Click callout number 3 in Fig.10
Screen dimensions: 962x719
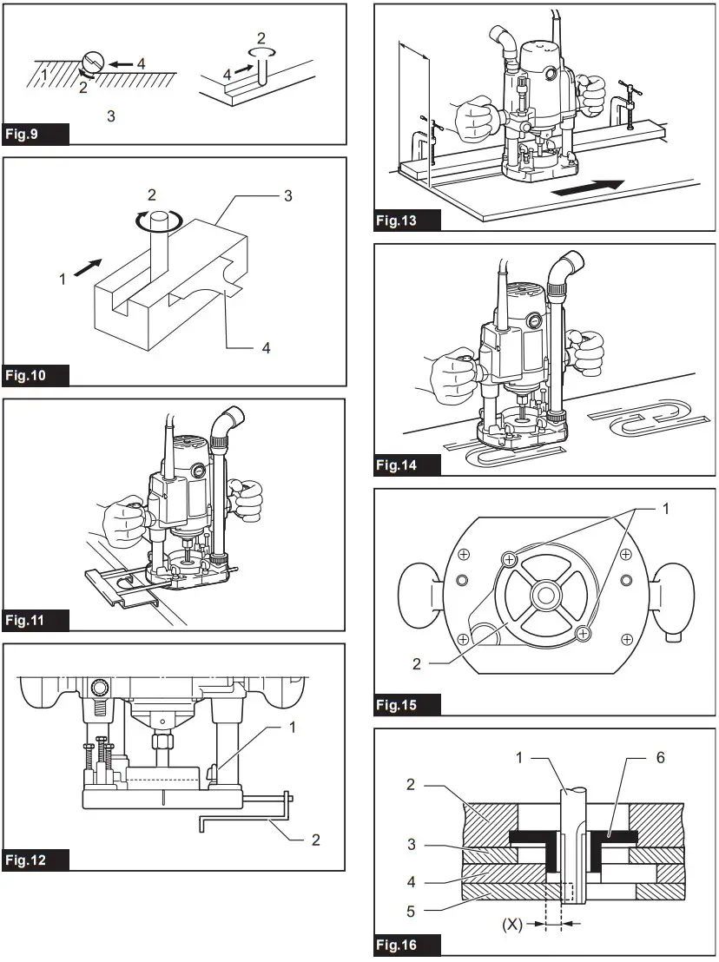pos(287,196)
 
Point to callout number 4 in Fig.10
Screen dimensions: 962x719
pos(267,347)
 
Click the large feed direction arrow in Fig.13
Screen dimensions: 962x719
pos(589,186)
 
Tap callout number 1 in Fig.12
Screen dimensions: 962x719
pos(293,728)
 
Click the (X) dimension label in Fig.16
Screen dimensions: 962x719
pos(512,925)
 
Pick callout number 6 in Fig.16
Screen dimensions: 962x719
pos(661,759)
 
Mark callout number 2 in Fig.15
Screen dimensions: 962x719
pos(417,663)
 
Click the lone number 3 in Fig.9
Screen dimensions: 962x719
pos(110,115)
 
